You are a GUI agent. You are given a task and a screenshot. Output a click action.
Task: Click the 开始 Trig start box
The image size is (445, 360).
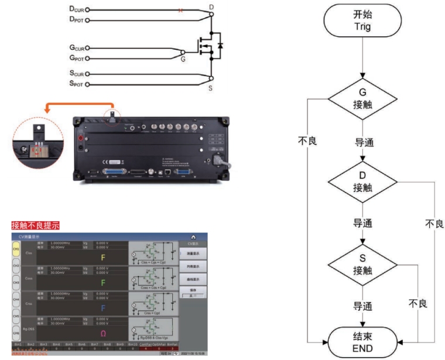362,21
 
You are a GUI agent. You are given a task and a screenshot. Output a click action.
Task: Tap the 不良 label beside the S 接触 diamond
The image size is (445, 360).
417,304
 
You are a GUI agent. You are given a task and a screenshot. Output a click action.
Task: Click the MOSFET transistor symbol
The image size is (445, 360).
208,46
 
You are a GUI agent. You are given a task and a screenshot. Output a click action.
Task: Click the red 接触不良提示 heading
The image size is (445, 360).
35,225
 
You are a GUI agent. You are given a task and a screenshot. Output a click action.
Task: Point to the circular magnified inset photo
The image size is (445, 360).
37,143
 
